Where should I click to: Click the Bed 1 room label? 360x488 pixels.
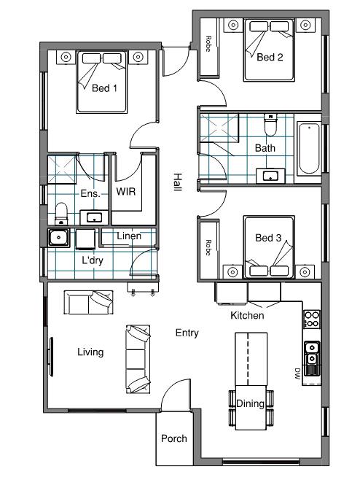pos(104,88)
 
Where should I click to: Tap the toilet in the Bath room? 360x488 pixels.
pos(270,125)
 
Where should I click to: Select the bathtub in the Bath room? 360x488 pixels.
pos(308,149)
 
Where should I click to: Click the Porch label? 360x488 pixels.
pos(173,438)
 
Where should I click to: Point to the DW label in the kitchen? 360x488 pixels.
pos(297,373)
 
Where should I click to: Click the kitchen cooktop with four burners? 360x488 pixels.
pos(312,319)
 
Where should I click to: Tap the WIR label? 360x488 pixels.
pos(126,191)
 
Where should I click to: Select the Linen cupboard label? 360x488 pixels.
pos(129,236)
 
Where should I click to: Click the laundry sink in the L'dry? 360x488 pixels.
pos(58,238)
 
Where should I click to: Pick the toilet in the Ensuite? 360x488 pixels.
pos(61,214)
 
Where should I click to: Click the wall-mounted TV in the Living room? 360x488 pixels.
pos(50,357)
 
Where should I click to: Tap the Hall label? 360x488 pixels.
pos(177,182)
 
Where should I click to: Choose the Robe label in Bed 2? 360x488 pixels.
pos(208,44)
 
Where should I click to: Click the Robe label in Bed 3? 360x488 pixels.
pos(208,248)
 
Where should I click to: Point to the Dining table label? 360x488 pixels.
pos(250,403)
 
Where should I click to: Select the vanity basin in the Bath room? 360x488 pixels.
pos(270,176)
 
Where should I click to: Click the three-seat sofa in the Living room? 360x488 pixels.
pos(138,360)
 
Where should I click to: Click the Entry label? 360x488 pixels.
pos(187,333)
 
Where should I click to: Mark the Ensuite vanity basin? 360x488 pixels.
pos(94,217)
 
